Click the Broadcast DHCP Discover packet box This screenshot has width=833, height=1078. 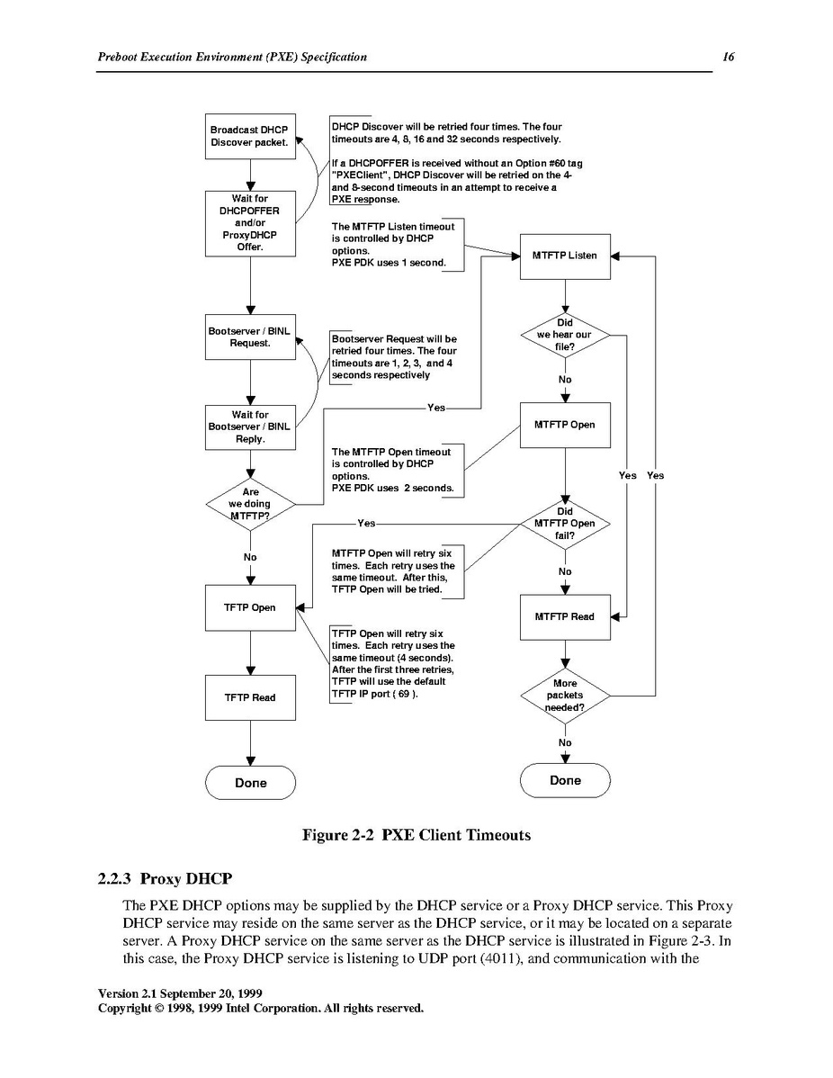click(250, 136)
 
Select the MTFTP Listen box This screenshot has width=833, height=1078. click(565, 256)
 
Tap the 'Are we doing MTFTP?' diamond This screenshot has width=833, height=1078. click(250, 504)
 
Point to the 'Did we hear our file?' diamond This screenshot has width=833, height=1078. click(565, 335)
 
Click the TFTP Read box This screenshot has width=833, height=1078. click(250, 697)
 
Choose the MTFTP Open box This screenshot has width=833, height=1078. click(565, 425)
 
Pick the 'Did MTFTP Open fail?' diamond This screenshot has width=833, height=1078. click(565, 524)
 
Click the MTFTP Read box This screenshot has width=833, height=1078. click(565, 616)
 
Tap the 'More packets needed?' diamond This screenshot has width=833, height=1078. click(565, 696)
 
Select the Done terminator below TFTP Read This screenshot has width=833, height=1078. click(250, 782)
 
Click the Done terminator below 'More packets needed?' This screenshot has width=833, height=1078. click(565, 780)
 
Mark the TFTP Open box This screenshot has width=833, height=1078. click(250, 607)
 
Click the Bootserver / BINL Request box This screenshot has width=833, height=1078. click(250, 337)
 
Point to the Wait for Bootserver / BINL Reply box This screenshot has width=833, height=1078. click(250, 427)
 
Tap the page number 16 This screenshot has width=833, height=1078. click(729, 57)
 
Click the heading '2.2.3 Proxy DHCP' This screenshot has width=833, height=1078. click(165, 878)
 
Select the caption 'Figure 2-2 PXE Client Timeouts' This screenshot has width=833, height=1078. click(416, 835)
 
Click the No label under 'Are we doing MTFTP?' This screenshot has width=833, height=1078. click(250, 557)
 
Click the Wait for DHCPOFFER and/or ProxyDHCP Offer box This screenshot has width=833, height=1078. click(250, 223)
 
